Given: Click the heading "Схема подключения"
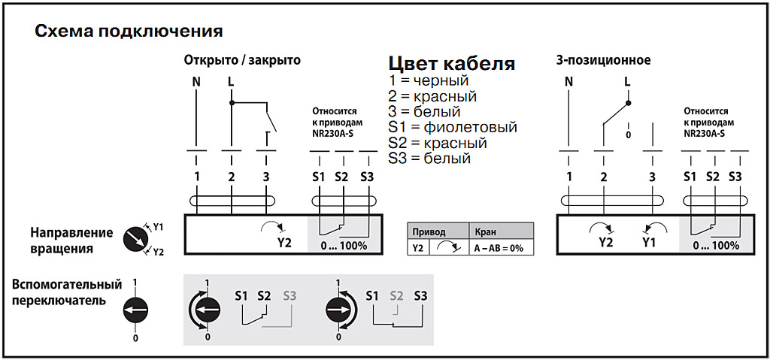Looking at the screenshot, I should (x=129, y=32).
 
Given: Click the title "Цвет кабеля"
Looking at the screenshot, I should (x=451, y=63).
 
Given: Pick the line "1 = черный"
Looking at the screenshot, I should (x=429, y=80).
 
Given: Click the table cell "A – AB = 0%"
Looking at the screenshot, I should (x=499, y=248).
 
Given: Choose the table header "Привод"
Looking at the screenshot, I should (x=429, y=232).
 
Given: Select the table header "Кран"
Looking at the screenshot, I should (x=484, y=232).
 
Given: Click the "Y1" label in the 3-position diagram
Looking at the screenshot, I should (x=650, y=243).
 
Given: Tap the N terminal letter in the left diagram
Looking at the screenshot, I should (x=197, y=81).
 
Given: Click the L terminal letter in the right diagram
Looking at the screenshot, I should (x=628, y=81).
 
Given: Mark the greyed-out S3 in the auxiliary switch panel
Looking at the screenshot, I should (x=290, y=295).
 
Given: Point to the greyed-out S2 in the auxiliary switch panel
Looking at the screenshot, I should (x=396, y=295).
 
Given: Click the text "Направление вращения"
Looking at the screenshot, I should (x=71, y=241).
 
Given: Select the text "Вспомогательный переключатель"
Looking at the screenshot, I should (x=66, y=292).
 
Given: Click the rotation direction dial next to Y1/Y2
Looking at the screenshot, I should (x=135, y=237).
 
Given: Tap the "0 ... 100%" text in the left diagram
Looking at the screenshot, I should (x=343, y=245).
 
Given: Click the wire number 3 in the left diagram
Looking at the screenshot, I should (x=266, y=177).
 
